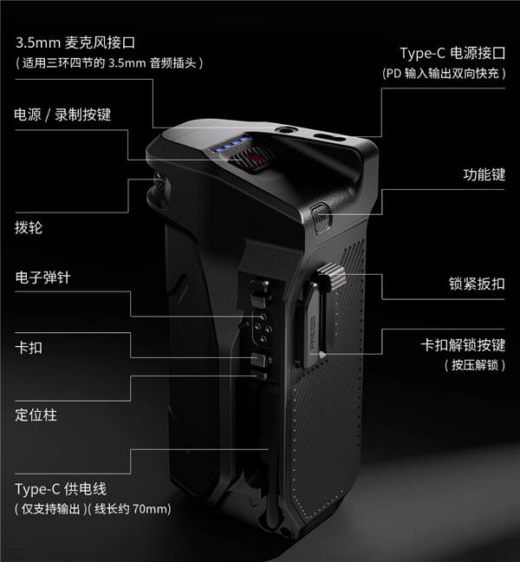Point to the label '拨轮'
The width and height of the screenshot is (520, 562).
point(29,228)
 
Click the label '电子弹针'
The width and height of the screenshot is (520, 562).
point(42,278)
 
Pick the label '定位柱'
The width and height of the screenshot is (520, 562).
point(36,415)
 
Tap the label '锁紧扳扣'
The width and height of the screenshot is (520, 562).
point(477,283)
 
